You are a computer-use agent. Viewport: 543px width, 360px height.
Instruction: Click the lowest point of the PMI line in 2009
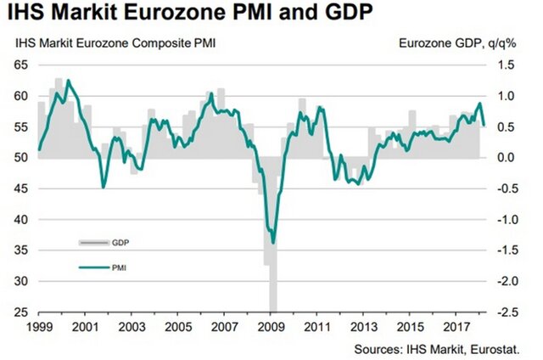273,243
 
